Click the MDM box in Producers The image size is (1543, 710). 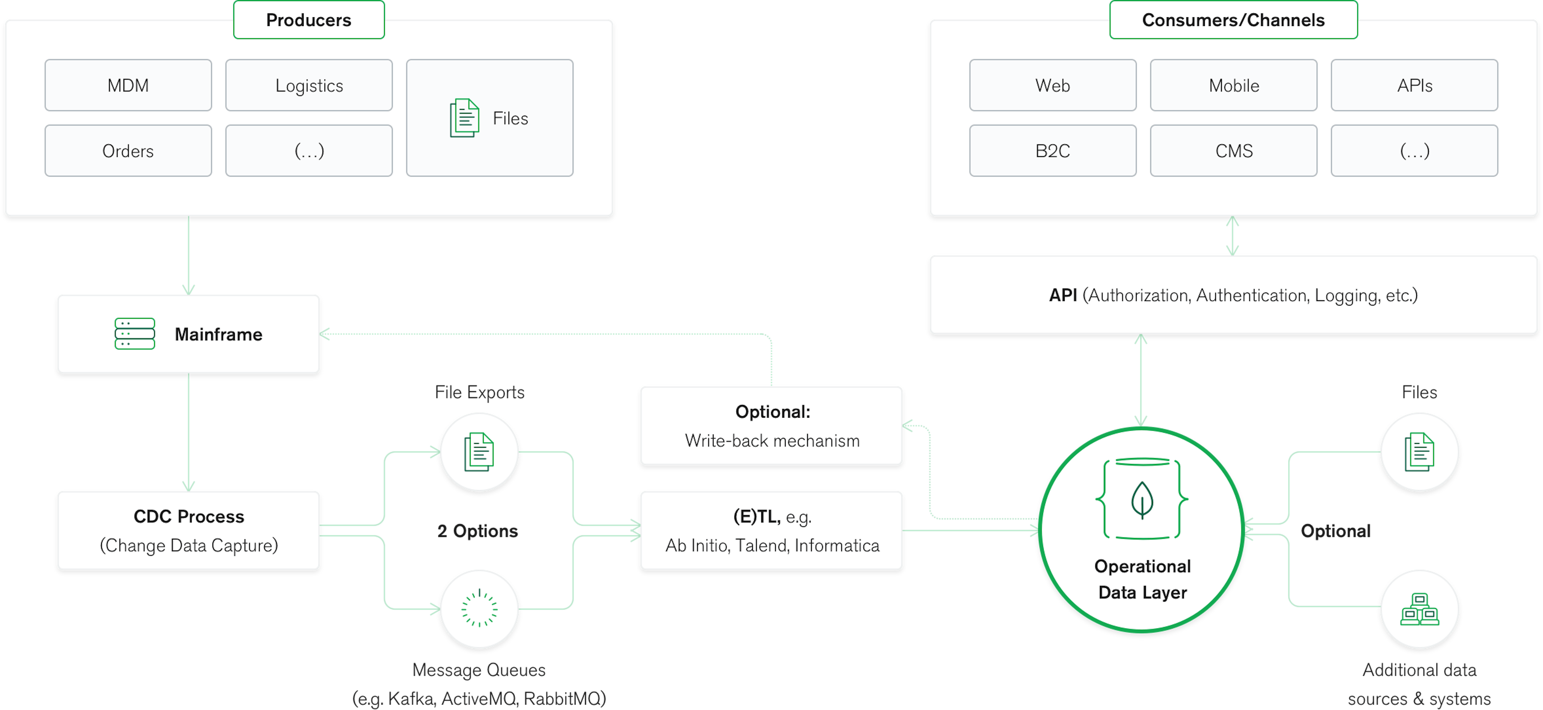(128, 85)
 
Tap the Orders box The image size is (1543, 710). (128, 150)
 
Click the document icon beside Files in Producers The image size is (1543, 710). (464, 118)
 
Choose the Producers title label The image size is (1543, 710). (308, 20)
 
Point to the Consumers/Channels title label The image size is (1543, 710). (1233, 20)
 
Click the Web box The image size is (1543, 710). (1052, 85)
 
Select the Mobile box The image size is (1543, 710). (1233, 85)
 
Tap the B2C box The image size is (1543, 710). (1052, 150)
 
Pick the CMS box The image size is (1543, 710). (1233, 150)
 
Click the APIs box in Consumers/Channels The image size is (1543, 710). (1414, 85)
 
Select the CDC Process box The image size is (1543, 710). (189, 531)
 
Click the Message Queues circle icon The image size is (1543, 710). (479, 609)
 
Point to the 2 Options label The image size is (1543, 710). (477, 531)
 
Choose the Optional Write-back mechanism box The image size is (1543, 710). (771, 426)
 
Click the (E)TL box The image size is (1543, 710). (771, 531)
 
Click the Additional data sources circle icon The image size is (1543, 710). (1419, 609)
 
